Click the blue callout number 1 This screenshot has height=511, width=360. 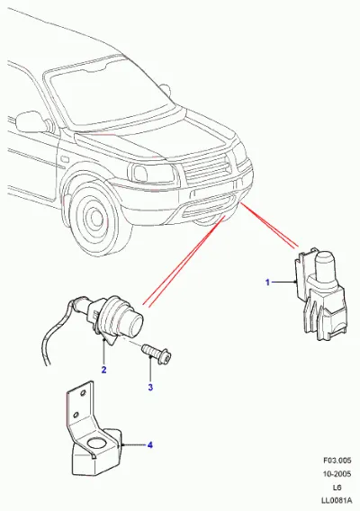[x=267, y=282]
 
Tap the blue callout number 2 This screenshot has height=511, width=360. [x=103, y=370]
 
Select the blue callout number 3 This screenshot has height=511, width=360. [x=150, y=388]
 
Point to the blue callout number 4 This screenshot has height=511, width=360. [x=150, y=444]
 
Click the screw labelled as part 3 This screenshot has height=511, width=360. [x=157, y=354]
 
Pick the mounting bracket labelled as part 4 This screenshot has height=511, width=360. [x=93, y=434]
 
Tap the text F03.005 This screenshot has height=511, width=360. [x=337, y=460]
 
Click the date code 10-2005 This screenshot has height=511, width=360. [x=337, y=473]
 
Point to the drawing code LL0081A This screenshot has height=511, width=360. [x=336, y=500]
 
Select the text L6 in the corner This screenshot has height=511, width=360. [x=337, y=488]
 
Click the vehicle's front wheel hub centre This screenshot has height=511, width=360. [x=96, y=217]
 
